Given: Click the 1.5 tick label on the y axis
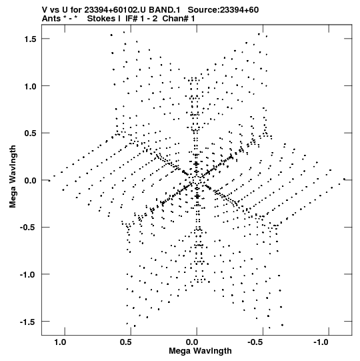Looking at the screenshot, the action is coord(31,39).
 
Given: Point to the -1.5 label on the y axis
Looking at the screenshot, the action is coord(28,322).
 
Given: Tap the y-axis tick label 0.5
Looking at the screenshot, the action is coord(31,133).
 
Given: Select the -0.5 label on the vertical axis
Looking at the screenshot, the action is coord(28,228).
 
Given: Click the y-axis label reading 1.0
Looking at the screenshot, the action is coord(31,86).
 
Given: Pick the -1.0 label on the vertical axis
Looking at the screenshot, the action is coord(28,275).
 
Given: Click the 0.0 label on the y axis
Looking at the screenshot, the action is coord(31,180).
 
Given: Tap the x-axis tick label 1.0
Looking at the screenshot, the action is coord(60,342).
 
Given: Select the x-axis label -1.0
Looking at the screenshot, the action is coord(321,342).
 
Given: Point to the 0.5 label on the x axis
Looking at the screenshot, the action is coord(126,342).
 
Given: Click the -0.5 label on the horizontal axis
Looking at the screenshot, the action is coord(255,342).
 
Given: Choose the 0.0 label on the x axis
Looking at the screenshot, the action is coord(192,342).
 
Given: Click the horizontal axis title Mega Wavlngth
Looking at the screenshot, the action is coord(200,351).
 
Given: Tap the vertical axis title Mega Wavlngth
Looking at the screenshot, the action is coord(13,177).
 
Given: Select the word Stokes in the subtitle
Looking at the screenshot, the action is coord(103,19).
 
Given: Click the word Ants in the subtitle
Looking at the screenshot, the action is coord(51,19).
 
